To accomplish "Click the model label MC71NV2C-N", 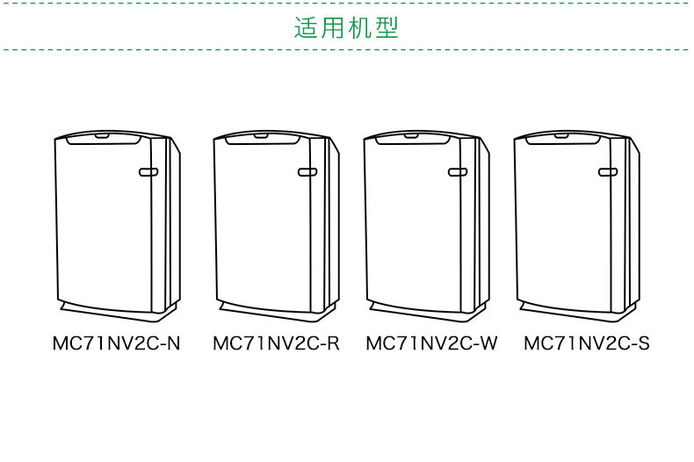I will [x=117, y=343].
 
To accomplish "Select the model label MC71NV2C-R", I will [x=276, y=343].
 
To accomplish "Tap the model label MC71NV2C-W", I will [x=431, y=343].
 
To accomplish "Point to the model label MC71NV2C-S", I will [x=587, y=343].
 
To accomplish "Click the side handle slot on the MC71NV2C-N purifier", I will [x=148, y=172].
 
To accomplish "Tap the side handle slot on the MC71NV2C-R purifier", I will [x=307, y=172].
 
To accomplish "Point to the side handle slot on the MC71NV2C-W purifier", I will [x=458, y=172].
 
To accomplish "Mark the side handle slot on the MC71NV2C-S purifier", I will [x=608, y=172].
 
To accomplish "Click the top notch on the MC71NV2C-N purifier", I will [x=102, y=136].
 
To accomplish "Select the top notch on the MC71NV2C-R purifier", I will [x=261, y=136].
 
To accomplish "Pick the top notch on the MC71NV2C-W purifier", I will [x=411, y=136].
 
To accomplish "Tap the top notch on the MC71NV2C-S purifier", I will [x=561, y=136].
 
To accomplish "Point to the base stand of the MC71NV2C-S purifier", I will [x=567, y=309].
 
